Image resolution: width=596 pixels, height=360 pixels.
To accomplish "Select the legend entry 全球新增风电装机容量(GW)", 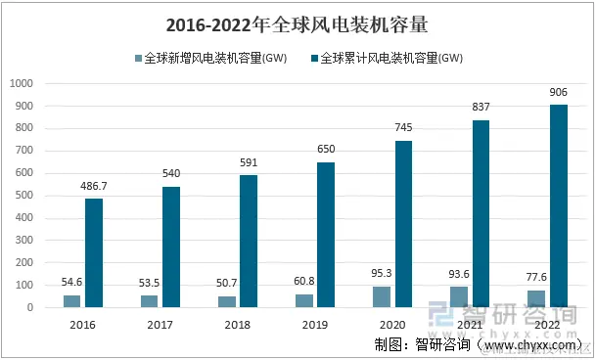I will [215, 58].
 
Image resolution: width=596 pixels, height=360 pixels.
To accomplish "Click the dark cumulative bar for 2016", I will [94, 253].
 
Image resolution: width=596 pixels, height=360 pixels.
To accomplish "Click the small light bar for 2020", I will [382, 297].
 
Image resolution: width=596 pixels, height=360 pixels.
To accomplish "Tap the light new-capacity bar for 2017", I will [150, 301].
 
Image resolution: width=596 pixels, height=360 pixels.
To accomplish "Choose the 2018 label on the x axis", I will [238, 324].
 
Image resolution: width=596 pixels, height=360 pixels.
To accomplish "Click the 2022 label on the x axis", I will [547, 324].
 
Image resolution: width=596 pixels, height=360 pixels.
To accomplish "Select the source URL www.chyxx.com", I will [530, 344].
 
